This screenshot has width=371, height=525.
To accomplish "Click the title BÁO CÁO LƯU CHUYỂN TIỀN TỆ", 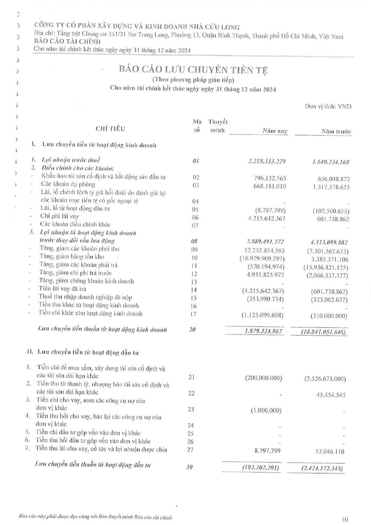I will (193, 70).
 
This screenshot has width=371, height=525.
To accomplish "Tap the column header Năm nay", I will (275, 131).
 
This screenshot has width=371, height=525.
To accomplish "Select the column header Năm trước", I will (336, 132).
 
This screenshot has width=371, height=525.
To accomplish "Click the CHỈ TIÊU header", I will (110, 129).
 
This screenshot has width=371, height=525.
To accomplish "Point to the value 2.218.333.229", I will (267, 161).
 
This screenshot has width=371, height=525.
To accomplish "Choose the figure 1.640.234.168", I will (329, 162).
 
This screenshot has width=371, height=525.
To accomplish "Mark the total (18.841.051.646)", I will (324, 332).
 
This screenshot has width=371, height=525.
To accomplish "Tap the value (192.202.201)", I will (261, 467).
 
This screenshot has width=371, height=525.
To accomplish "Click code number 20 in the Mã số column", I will (192, 329).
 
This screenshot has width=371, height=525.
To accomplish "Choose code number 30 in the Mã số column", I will (189, 467).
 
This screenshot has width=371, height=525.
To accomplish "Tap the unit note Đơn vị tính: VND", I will (328, 106).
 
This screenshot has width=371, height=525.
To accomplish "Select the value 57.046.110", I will (329, 451).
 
